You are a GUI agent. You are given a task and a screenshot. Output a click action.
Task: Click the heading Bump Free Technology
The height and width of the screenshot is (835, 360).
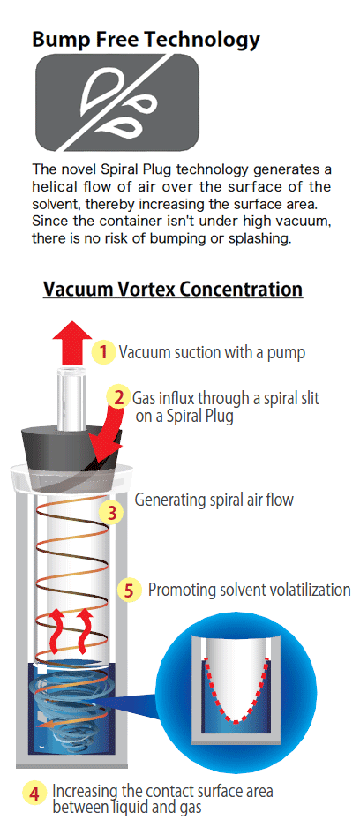point(146,40)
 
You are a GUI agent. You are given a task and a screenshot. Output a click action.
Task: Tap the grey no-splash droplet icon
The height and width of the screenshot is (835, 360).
point(117,102)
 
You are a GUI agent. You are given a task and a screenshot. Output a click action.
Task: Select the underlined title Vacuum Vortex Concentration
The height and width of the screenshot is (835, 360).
point(173,290)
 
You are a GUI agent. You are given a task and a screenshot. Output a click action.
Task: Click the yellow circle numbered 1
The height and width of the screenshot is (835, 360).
point(104,352)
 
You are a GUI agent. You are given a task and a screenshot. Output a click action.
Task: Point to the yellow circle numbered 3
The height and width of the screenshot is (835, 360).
point(112,513)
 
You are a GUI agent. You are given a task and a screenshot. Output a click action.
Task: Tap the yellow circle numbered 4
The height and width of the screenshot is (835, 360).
point(34,795)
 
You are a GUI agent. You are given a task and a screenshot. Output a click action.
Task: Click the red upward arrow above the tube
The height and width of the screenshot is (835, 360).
point(72,343)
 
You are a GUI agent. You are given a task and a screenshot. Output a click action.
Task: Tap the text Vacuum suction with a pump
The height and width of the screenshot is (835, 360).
point(212,352)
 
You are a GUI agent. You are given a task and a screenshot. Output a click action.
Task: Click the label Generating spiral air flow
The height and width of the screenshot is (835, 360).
point(214,500)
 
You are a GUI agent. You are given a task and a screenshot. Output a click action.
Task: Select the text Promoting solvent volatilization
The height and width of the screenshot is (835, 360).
point(249,590)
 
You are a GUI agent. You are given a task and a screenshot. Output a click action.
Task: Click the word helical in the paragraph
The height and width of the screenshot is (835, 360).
point(51,187)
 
